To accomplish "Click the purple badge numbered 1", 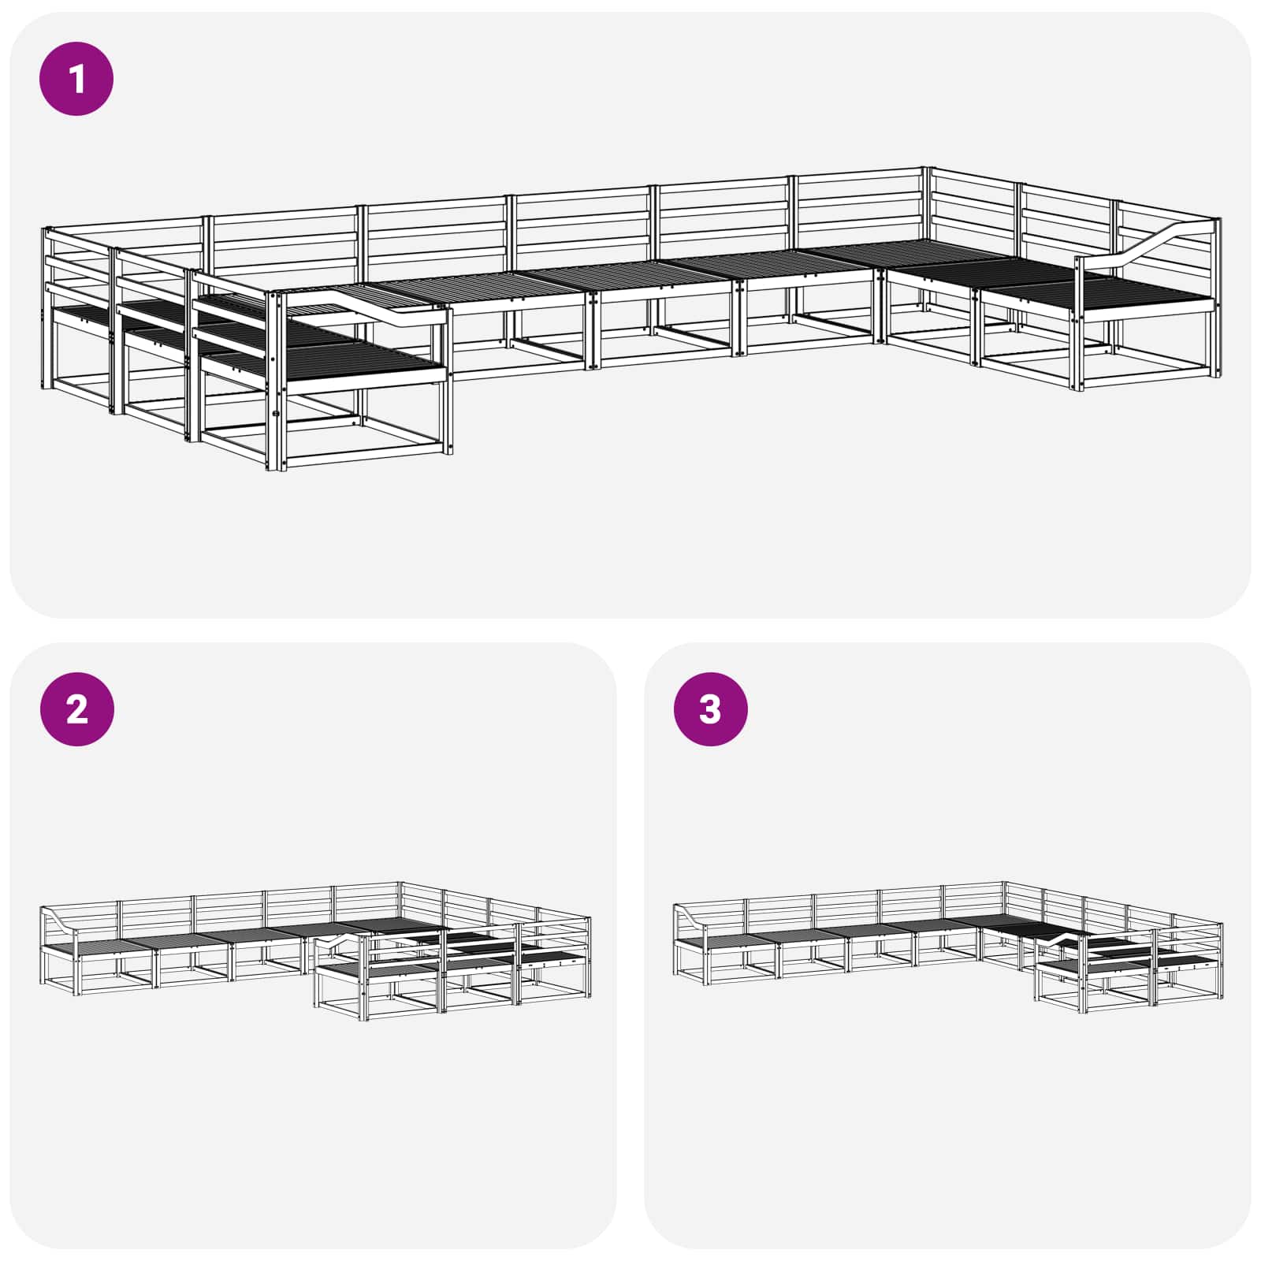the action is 76,80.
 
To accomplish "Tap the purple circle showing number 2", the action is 76,709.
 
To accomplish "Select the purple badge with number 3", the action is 710,709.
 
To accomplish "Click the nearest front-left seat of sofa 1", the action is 355,359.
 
